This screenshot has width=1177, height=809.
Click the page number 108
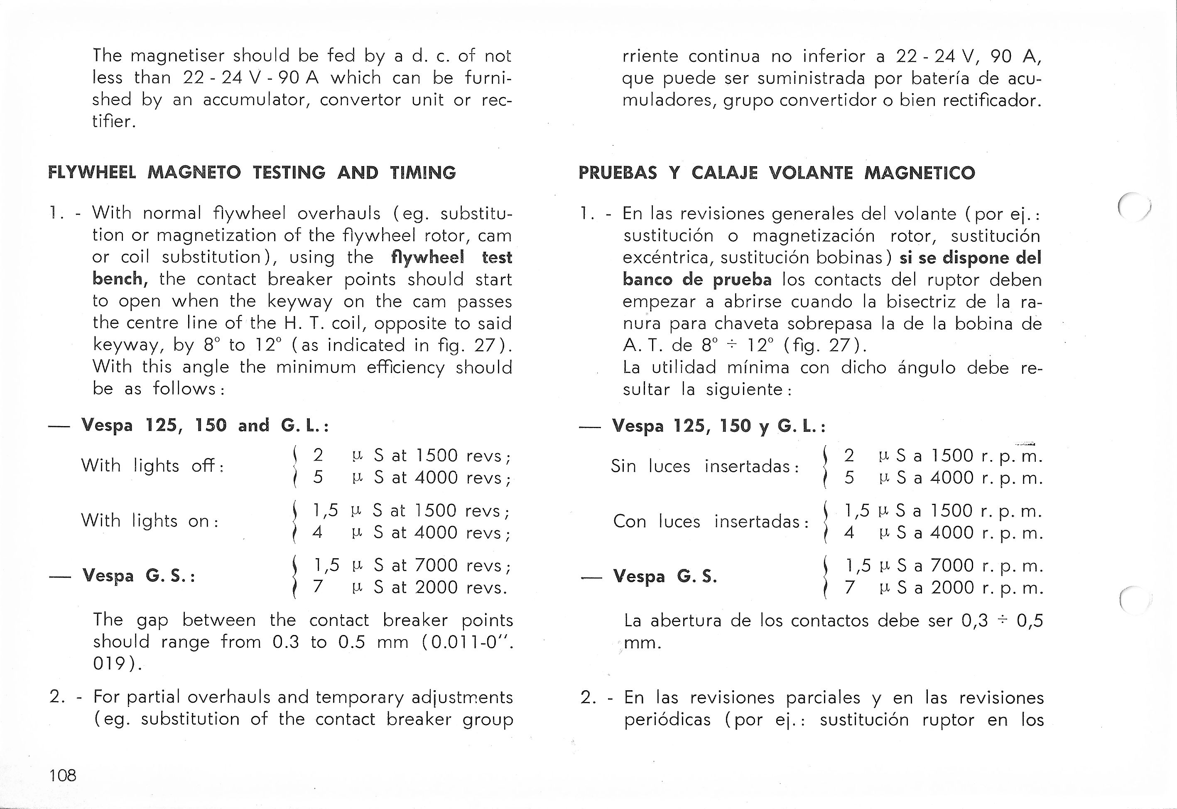[x=63, y=775]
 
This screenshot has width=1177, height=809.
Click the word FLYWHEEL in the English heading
[x=92, y=173]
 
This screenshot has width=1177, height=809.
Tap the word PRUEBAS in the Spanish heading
[x=618, y=173]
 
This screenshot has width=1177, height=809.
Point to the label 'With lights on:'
[x=150, y=521]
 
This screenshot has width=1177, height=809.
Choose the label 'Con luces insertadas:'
[x=711, y=522]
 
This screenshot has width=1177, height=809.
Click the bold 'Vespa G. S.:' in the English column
[x=139, y=576]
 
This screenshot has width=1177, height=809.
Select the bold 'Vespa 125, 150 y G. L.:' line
[x=719, y=426]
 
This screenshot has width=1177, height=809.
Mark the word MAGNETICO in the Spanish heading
[x=920, y=173]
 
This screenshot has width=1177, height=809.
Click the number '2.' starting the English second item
[x=57, y=697]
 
